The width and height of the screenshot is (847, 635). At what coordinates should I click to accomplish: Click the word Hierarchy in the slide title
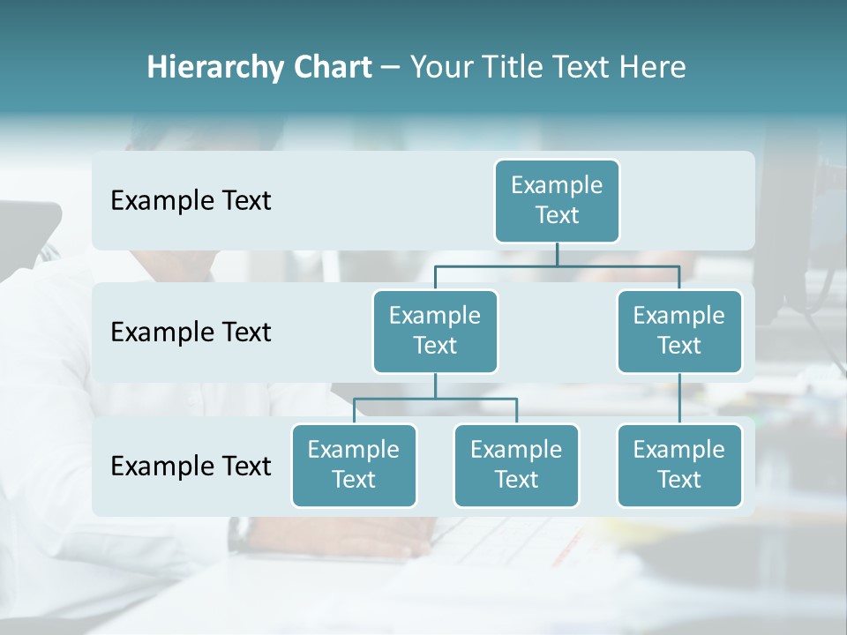(x=211, y=67)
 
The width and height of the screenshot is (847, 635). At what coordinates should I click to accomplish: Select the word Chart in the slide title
(x=329, y=67)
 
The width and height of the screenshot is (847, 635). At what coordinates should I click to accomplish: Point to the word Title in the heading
(x=512, y=67)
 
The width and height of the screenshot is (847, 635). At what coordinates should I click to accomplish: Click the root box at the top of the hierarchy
(x=557, y=201)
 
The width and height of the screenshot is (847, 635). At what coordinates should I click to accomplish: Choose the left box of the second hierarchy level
(x=435, y=331)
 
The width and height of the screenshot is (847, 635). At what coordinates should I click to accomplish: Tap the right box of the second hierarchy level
(x=679, y=331)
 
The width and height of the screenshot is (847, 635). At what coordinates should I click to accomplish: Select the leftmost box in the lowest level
(x=354, y=465)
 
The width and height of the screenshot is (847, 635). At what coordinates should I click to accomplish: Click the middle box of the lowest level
(x=516, y=465)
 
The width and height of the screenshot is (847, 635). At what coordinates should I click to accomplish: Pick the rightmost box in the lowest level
(x=679, y=465)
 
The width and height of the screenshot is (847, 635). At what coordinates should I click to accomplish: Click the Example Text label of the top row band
(x=191, y=201)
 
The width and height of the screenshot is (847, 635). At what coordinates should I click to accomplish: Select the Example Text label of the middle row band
(x=191, y=332)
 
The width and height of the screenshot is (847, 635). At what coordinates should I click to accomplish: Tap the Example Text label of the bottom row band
(x=191, y=466)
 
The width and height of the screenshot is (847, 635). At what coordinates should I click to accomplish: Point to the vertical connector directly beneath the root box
(x=557, y=254)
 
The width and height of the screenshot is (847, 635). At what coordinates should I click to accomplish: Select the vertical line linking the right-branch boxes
(x=679, y=399)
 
